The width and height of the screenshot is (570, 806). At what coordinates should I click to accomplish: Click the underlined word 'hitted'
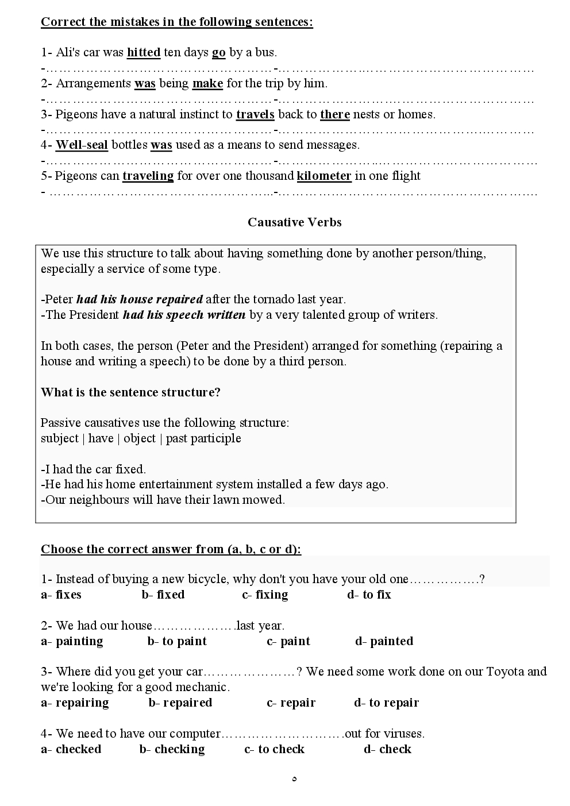[x=144, y=52]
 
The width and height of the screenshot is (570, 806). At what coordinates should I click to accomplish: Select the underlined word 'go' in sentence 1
[x=219, y=52]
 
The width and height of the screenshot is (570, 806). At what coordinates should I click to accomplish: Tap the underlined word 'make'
[x=207, y=83]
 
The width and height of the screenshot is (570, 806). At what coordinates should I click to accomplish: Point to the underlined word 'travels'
[x=255, y=114]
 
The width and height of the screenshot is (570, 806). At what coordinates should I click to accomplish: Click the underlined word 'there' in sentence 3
[x=335, y=114]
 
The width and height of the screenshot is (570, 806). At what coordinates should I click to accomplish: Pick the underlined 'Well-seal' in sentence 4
[x=82, y=145]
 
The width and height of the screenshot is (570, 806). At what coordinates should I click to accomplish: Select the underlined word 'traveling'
[x=148, y=176]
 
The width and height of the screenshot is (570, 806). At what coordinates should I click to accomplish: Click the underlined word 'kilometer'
[x=324, y=176]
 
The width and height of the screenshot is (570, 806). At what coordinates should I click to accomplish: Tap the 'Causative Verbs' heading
[x=294, y=222]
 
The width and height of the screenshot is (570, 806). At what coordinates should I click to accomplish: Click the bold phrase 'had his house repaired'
[x=140, y=299]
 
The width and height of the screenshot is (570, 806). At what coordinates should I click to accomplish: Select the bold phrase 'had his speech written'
[x=184, y=315]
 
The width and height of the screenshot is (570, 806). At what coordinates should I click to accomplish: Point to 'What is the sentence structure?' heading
[x=131, y=392]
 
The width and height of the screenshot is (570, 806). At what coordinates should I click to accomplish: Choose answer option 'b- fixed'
[x=163, y=595]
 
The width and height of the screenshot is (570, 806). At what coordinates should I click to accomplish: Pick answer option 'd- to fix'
[x=369, y=595]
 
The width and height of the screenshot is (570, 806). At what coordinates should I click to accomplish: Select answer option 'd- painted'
[x=384, y=641]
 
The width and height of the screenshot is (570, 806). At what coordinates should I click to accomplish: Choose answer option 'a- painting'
[x=72, y=641]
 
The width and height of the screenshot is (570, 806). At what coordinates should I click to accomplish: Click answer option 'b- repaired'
[x=180, y=703]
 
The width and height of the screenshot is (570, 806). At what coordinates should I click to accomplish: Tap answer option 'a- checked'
[x=71, y=749]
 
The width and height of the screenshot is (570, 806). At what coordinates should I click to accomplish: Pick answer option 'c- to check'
[x=274, y=749]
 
